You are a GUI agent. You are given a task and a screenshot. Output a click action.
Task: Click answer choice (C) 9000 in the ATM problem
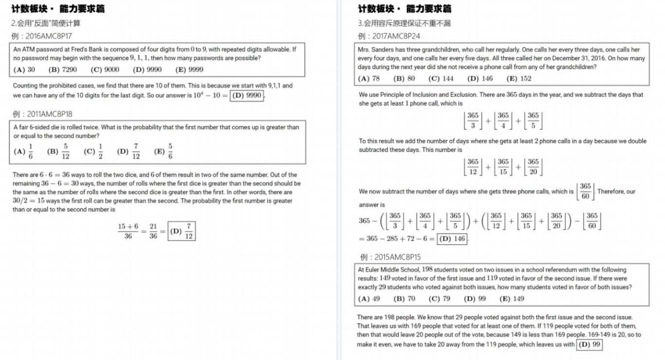pyautogui.click(x=105, y=70)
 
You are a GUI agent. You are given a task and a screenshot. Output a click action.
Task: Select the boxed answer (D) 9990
pyautogui.click(x=246, y=95)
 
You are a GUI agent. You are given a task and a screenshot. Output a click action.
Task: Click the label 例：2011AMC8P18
pyautogui.click(x=42, y=114)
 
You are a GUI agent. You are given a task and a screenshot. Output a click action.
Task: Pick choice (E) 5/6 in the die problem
pyautogui.click(x=163, y=151)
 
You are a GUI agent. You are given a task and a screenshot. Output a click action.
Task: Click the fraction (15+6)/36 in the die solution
pyautogui.click(x=128, y=231)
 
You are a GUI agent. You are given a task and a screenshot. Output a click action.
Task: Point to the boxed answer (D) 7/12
pyautogui.click(x=182, y=231)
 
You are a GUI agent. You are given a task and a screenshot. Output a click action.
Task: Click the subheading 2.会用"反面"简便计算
pyautogui.click(x=46, y=23)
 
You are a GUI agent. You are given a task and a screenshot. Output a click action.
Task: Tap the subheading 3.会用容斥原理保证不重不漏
pyautogui.click(x=404, y=23)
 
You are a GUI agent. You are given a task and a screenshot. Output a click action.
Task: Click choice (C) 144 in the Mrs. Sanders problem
pyautogui.click(x=441, y=78)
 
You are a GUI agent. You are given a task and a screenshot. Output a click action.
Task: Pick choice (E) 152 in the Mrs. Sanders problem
pyautogui.click(x=519, y=78)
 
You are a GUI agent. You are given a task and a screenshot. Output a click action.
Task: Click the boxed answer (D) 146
pyautogui.click(x=452, y=239)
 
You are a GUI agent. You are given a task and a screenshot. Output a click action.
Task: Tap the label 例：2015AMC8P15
pyautogui.click(x=390, y=257)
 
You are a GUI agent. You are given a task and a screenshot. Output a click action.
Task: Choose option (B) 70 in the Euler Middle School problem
pyautogui.click(x=404, y=299)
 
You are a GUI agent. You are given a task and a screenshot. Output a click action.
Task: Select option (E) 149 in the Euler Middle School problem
pyautogui.click(x=512, y=299)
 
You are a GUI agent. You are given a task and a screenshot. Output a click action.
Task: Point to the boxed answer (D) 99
pyautogui.click(x=590, y=345)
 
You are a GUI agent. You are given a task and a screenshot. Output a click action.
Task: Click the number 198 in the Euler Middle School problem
pyautogui.click(x=427, y=270)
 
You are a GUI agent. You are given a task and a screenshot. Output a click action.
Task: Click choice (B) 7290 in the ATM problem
pyautogui.click(x=62, y=70)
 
